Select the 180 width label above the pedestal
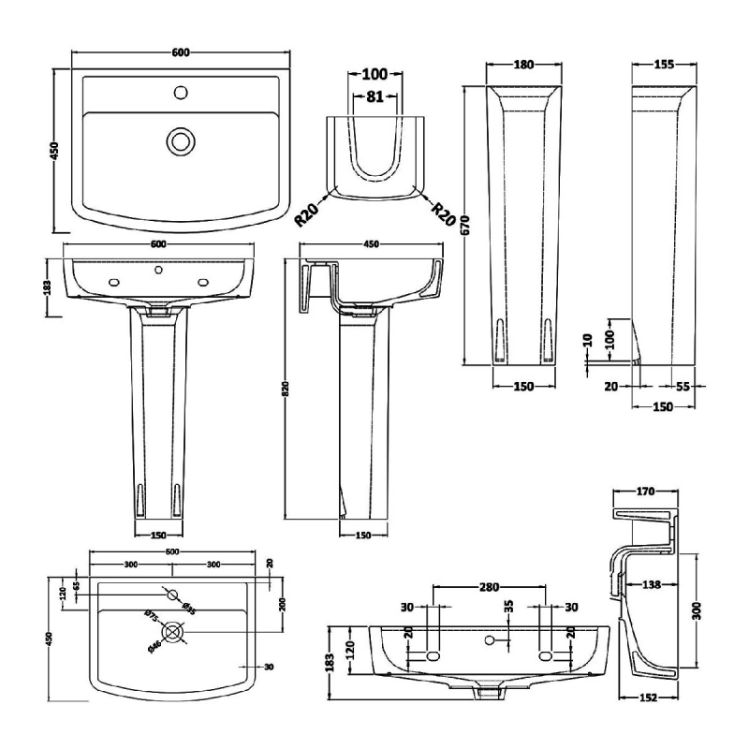pyautogui.click(x=523, y=65)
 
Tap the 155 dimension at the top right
pyautogui.click(x=663, y=65)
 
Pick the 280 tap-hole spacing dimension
pyautogui.click(x=489, y=587)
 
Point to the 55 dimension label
pyautogui.click(x=683, y=386)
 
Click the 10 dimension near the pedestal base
pyautogui.click(x=587, y=341)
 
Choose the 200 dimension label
pyautogui.click(x=282, y=602)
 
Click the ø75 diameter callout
pyautogui.click(x=150, y=614)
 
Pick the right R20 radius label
pyautogui.click(x=442, y=216)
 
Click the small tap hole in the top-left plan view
pyautogui.click(x=179, y=93)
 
